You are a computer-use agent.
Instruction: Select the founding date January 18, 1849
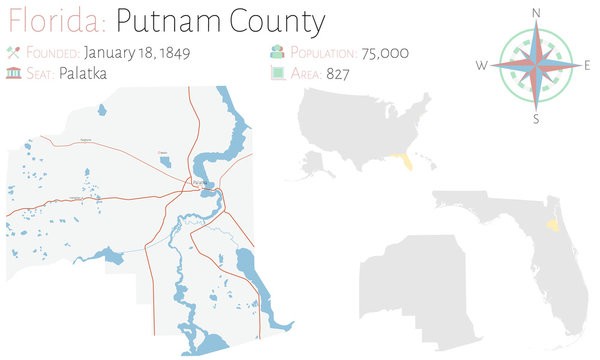click(138, 50)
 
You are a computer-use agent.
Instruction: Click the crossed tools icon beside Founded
click(14, 50)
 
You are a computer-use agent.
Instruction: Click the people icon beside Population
click(277, 50)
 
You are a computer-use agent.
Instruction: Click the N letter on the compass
click(536, 12)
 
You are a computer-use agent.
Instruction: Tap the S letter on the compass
click(536, 119)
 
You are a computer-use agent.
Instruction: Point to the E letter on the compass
click(587, 65)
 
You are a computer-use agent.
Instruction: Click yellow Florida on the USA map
click(402, 159)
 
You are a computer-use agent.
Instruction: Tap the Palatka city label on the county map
click(201, 182)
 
